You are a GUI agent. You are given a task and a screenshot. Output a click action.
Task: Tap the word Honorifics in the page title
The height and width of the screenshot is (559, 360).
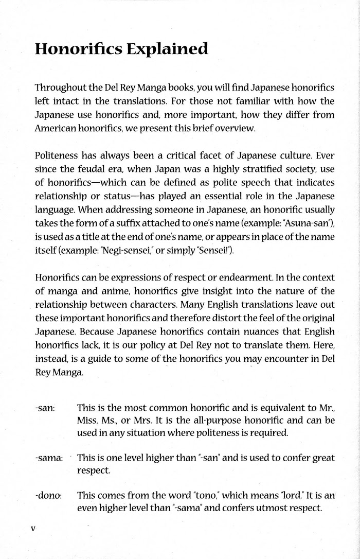tap(75, 49)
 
